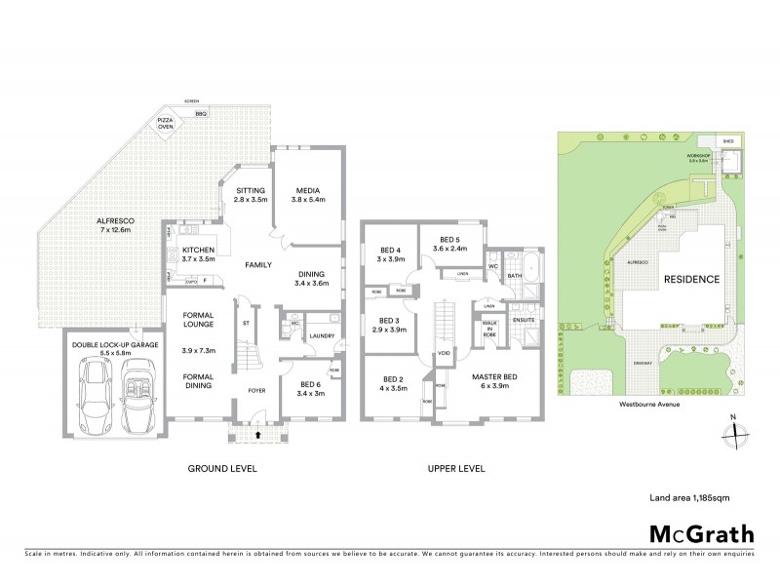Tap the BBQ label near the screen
201,115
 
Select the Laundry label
322,336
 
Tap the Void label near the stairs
444,353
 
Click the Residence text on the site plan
692,280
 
